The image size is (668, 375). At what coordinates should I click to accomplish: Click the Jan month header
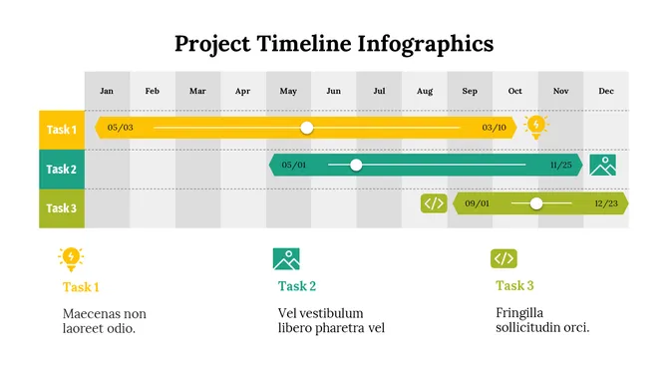coord(107,91)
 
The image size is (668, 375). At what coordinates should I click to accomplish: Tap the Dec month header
coord(606,91)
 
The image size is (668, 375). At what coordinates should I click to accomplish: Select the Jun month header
coord(333,91)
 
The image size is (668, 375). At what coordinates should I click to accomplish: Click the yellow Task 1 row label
coord(62,130)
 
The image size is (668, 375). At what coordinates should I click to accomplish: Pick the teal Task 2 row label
coord(62,169)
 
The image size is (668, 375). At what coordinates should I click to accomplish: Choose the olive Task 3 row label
coord(62,208)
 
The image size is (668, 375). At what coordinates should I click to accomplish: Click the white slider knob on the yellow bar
coord(307,128)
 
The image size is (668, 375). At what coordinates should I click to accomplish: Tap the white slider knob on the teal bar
coord(356,165)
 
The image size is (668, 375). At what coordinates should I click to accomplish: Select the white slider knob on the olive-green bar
coord(536,203)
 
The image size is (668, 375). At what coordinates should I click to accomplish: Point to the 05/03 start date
coord(120,128)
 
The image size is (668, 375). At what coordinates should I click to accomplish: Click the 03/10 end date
coord(494,128)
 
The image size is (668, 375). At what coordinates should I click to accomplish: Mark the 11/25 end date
coord(561,165)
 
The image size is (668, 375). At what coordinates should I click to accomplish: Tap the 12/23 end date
coord(606,203)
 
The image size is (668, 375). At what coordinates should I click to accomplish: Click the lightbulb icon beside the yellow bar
coord(536,126)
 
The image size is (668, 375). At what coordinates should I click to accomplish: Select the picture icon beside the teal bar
coord(602,165)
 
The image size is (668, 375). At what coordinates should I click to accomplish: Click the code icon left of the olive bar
coord(434,203)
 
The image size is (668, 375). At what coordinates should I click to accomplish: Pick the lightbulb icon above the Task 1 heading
coord(71,258)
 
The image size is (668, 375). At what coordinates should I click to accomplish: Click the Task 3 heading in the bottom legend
coord(514,286)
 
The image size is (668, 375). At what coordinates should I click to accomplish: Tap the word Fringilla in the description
coord(519,313)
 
